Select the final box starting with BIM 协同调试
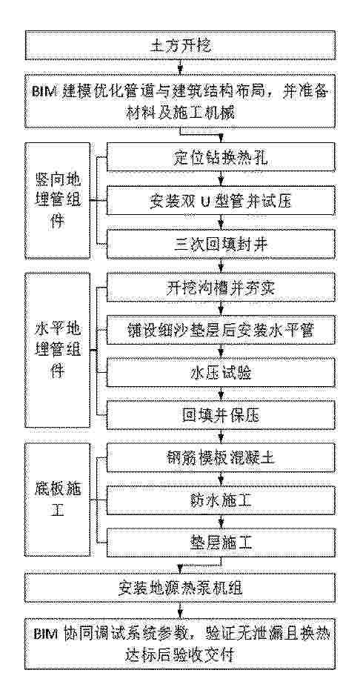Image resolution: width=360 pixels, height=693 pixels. click(x=180, y=644)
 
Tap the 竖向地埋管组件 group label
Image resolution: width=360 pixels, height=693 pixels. click(x=58, y=201)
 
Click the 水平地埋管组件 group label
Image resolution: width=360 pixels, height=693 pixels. click(x=58, y=350)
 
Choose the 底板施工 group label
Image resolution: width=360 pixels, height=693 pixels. click(x=58, y=500)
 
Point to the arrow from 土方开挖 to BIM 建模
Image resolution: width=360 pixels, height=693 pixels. click(x=180, y=68)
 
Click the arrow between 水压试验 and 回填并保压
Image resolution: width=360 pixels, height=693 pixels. click(x=219, y=395)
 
